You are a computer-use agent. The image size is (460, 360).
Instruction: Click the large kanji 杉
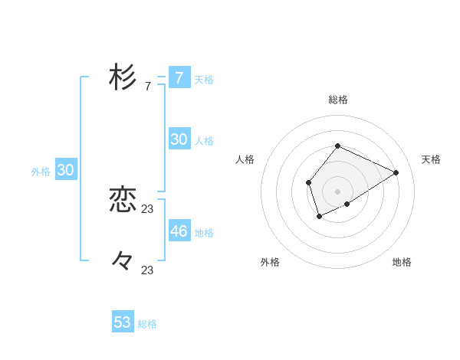(123, 78)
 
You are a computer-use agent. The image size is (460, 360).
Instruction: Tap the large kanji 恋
(123, 200)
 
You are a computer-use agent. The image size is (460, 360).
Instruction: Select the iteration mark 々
(123, 261)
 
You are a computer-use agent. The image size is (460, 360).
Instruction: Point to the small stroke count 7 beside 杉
(148, 87)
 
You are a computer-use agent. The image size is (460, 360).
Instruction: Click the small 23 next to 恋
(148, 209)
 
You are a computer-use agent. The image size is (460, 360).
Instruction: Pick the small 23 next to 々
(148, 270)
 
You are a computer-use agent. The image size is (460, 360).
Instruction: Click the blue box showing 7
(179, 78)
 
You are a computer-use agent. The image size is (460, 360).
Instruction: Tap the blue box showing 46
(179, 231)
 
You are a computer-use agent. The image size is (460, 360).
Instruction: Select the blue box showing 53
(123, 322)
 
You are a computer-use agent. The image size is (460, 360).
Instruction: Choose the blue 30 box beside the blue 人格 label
(179, 139)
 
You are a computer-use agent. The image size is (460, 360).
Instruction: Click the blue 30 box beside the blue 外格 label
(66, 170)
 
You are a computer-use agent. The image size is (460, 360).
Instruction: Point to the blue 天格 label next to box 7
(204, 80)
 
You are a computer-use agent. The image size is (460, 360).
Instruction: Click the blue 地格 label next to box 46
(204, 232)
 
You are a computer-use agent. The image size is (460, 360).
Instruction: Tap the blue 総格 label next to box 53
(147, 324)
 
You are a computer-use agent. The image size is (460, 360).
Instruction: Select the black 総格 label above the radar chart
(337, 100)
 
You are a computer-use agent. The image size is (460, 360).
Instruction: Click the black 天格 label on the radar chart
(432, 159)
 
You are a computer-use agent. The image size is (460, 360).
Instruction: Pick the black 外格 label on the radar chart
(270, 263)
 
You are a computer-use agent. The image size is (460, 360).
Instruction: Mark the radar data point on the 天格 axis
(396, 172)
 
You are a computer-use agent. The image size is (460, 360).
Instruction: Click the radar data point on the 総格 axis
(337, 146)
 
